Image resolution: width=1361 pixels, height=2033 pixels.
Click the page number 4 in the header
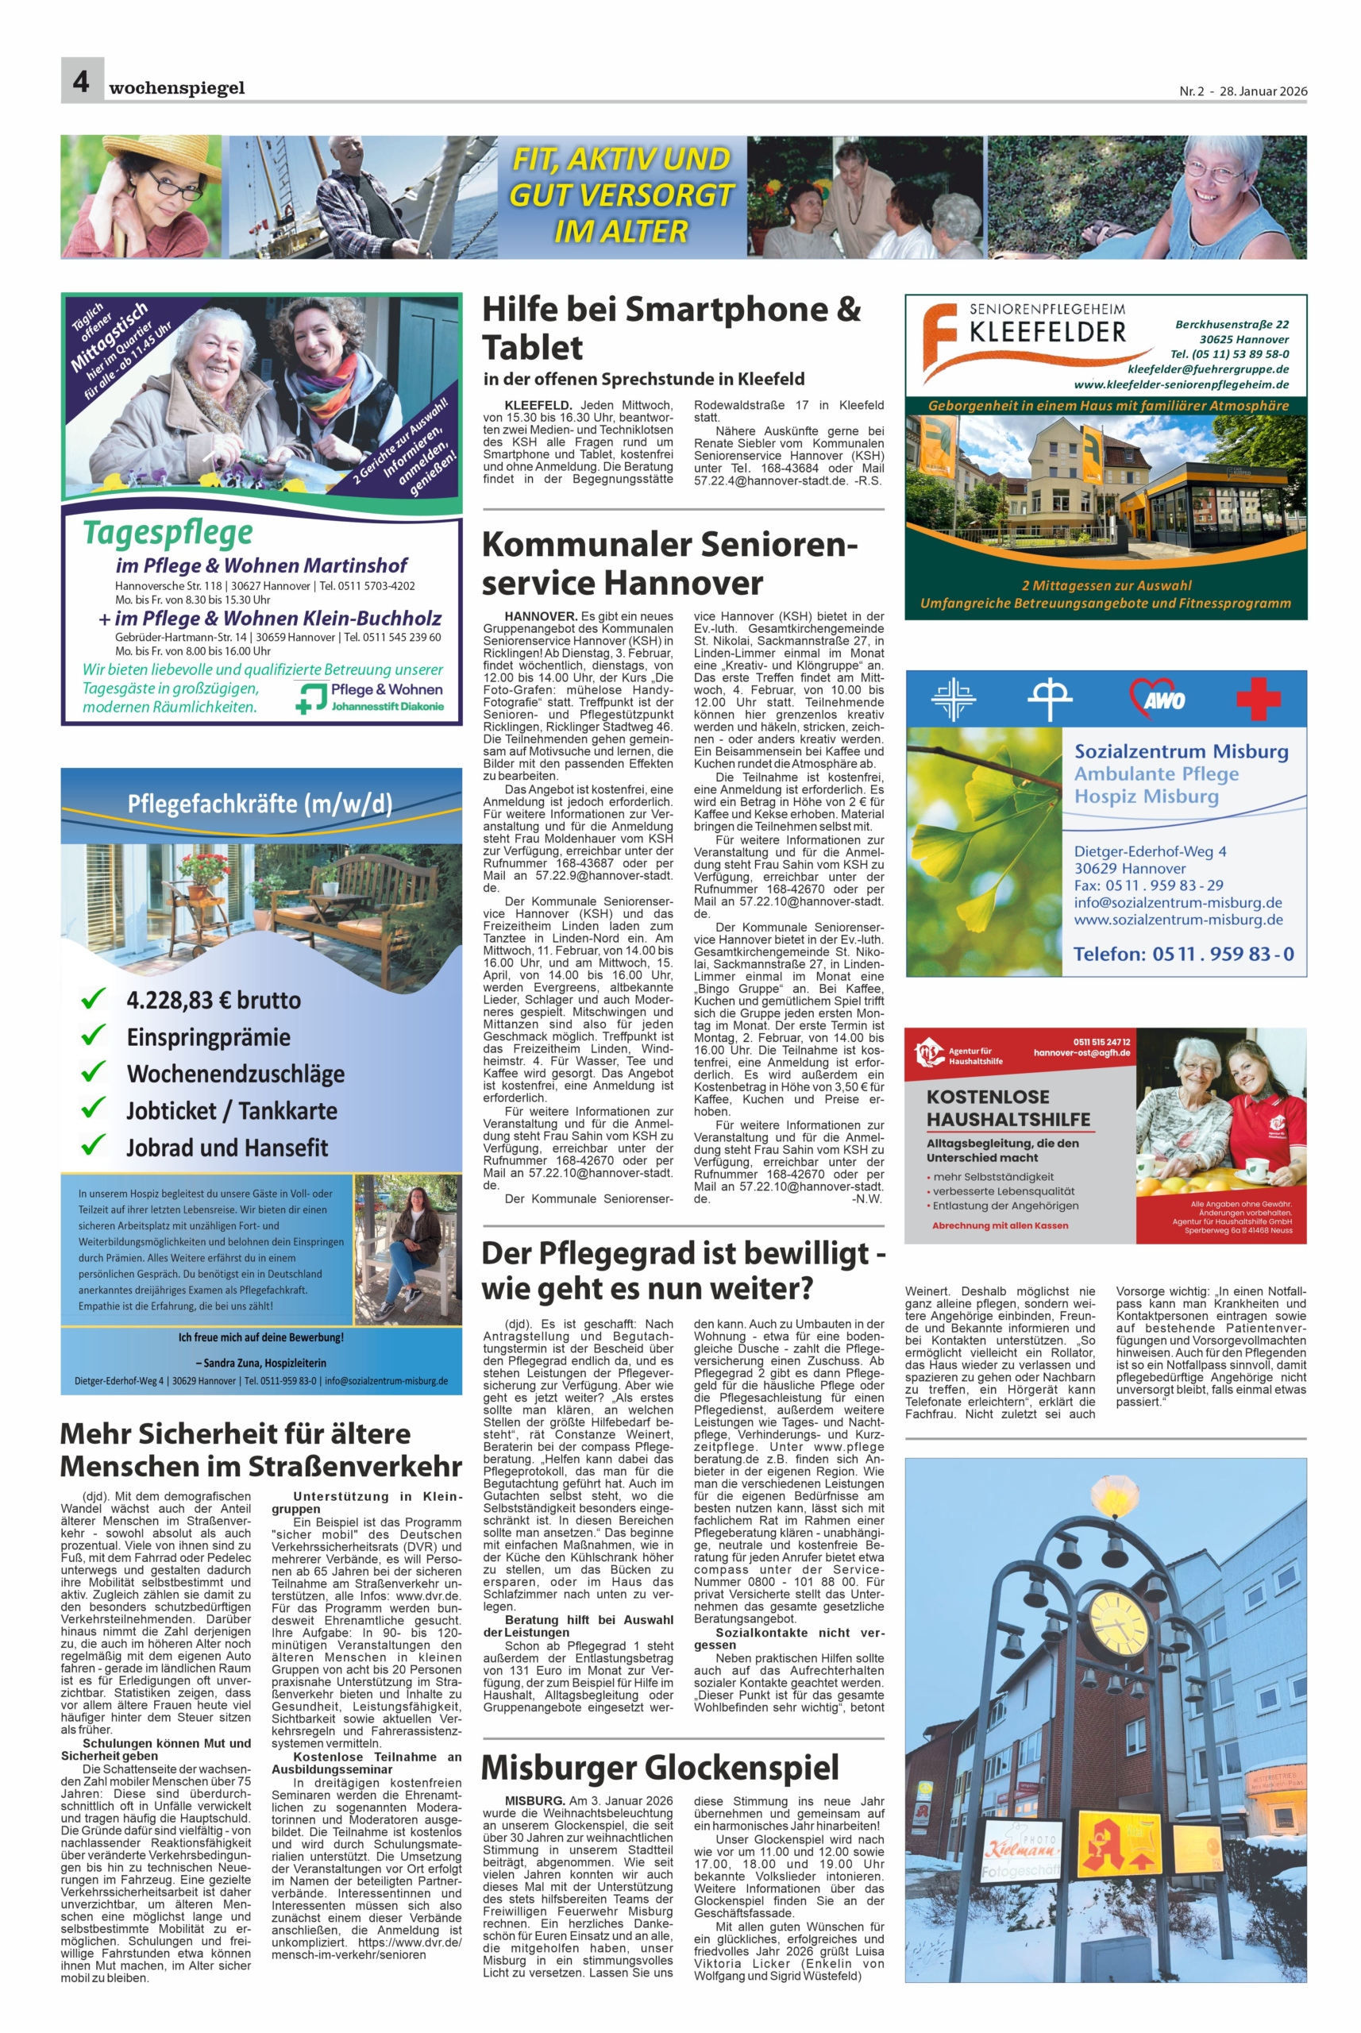point(81,82)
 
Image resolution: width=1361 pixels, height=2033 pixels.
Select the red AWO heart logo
point(1157,697)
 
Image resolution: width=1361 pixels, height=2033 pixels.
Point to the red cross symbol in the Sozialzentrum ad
point(1258,698)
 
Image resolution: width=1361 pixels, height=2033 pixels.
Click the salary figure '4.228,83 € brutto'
point(214,1000)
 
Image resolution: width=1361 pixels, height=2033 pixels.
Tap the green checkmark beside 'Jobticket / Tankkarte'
point(93,1109)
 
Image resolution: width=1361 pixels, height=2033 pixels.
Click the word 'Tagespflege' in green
point(168,532)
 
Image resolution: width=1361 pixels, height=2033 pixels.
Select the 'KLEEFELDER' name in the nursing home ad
point(1047,332)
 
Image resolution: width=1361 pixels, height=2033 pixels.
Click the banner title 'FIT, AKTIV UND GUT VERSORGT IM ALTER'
point(621,195)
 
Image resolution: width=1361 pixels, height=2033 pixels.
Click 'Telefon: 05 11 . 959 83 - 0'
point(1183,954)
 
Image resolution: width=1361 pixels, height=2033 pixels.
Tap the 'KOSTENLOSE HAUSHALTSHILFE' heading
point(1008,1108)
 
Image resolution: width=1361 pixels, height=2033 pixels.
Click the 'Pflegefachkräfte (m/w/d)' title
point(260,804)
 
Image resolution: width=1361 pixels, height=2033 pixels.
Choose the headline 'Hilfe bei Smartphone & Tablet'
point(671,328)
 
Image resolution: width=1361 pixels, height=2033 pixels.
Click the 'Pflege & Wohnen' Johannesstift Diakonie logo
point(371,696)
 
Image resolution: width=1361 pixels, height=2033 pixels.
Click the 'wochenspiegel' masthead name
point(177,87)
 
